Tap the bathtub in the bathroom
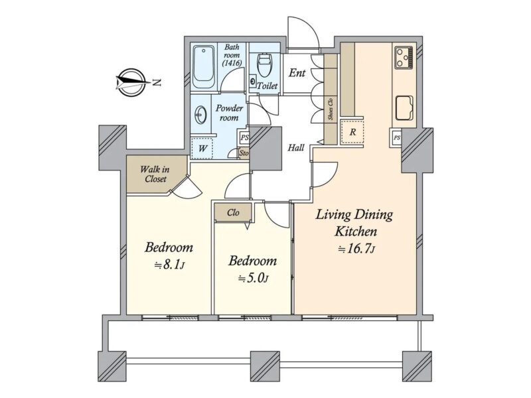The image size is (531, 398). pos(204,68)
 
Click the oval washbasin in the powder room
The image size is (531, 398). pos(200,115)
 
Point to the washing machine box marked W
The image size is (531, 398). pos(202,148)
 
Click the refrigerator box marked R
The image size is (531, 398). pos(352,131)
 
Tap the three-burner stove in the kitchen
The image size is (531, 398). pos(404,58)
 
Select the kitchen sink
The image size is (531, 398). pos(404,107)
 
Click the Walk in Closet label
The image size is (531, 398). pos(155,174)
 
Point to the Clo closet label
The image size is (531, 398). pos(234,212)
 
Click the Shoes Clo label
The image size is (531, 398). pos(331,109)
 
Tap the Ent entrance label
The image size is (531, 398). pos(297,73)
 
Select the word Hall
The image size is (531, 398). pos(296,147)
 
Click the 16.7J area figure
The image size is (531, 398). pos(356,249)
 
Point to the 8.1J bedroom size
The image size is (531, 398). pos(169,264)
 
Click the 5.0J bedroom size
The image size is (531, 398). pos(254,278)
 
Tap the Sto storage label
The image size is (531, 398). pos(244,153)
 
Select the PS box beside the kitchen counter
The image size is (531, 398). pos(396,138)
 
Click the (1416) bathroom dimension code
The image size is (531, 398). pos(232,63)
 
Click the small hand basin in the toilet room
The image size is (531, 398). pos(253,81)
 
